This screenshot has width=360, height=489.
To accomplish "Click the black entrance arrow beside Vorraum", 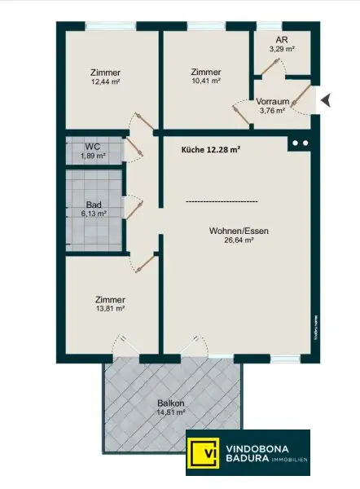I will click(326, 100).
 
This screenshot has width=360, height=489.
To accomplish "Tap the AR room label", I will click(282, 39).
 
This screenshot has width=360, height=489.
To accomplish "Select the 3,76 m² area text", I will click(274, 110).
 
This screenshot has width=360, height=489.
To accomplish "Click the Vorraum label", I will click(274, 101).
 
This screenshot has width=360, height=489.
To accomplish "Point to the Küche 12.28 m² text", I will click(210, 149).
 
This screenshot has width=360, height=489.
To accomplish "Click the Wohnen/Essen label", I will click(239, 231).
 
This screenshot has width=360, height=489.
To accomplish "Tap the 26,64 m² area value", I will click(239, 240).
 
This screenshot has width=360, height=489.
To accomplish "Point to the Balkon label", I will click(170, 403).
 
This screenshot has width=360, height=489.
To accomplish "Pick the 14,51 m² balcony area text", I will click(170, 412).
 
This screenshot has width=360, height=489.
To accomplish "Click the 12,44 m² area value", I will click(106, 81).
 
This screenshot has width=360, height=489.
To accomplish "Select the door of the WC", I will click(134, 148).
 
